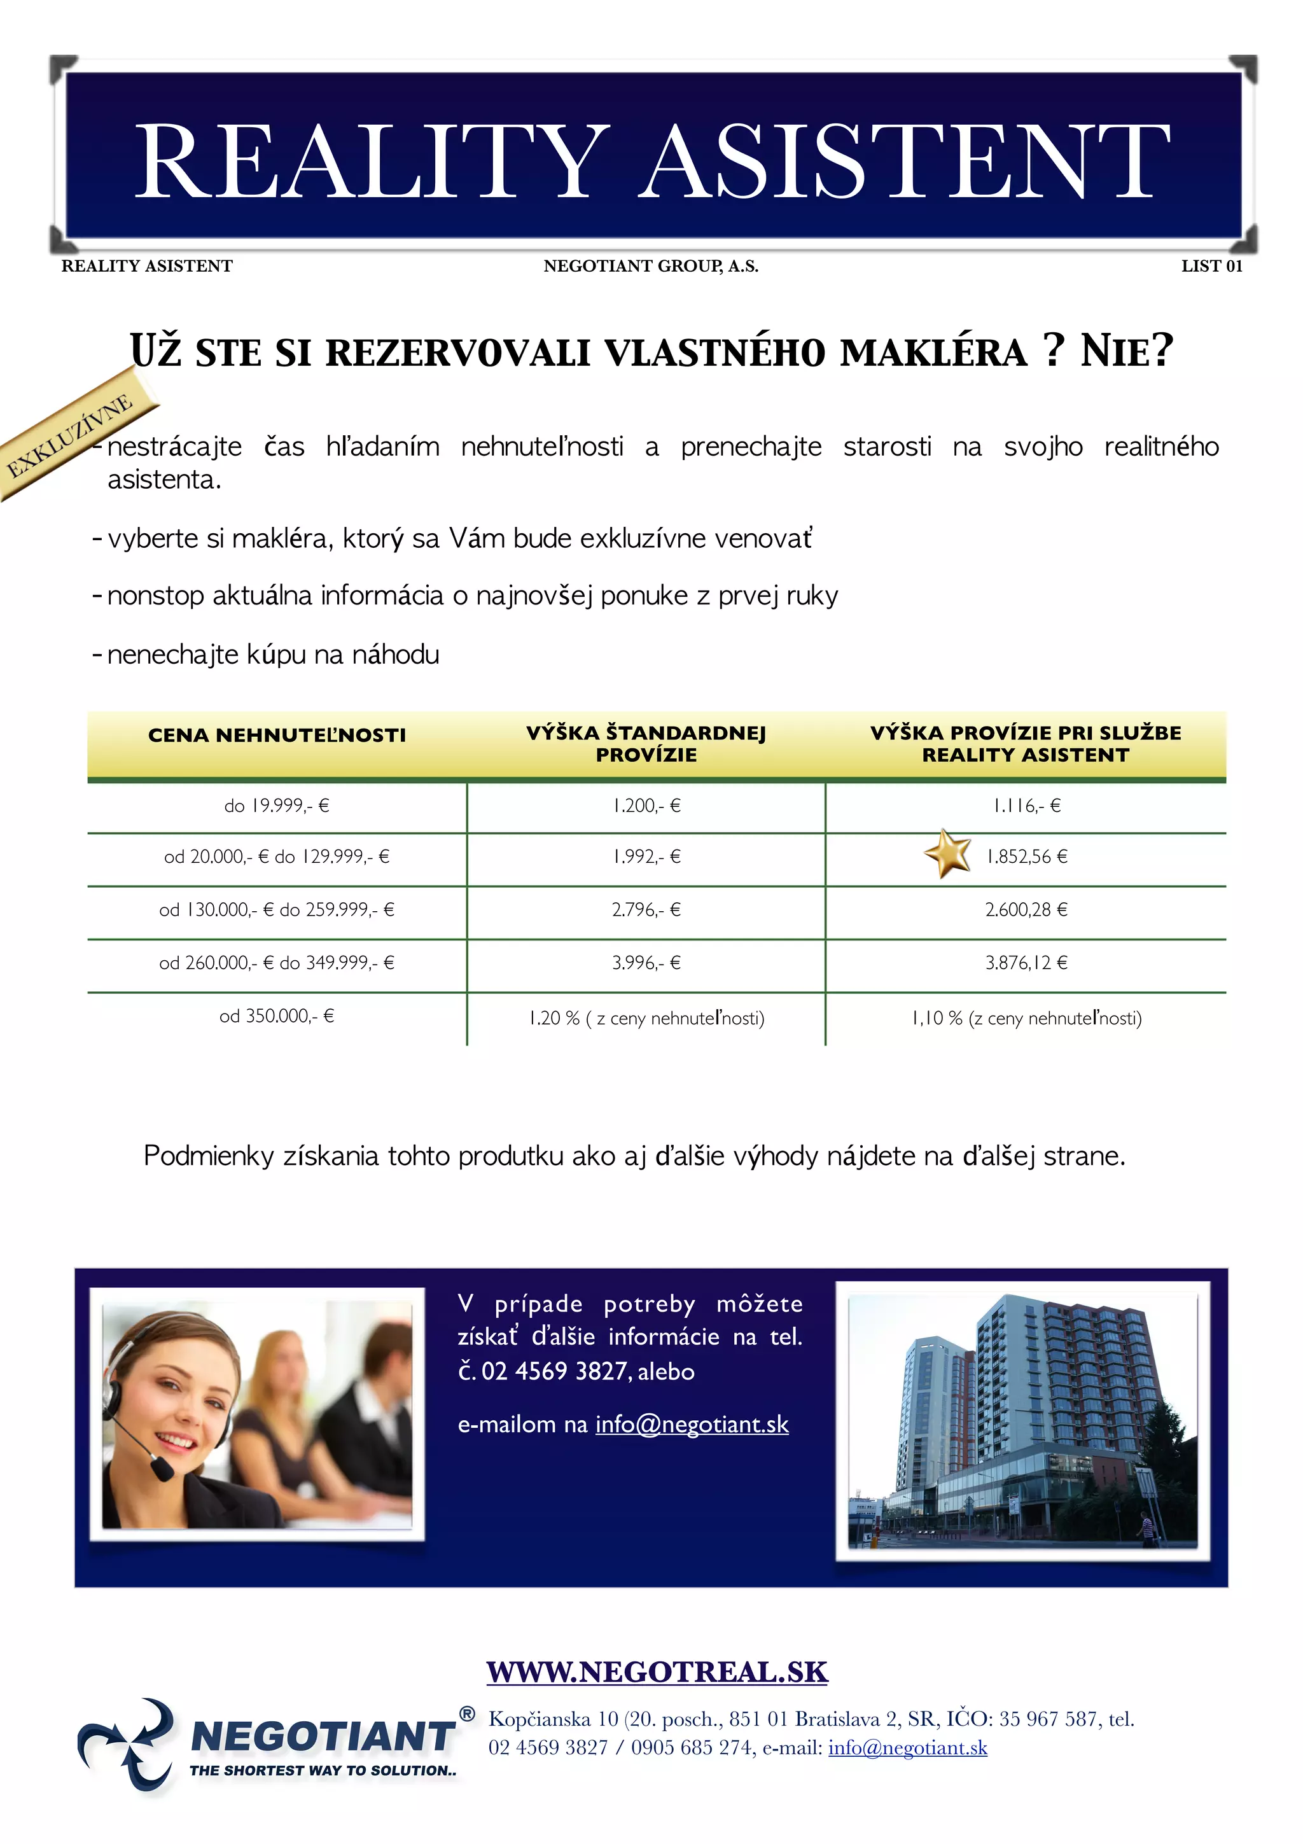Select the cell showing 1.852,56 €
pyautogui.click(x=1027, y=856)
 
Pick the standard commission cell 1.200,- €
pyautogui.click(x=646, y=806)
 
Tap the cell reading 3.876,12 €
pyautogui.click(x=1026, y=962)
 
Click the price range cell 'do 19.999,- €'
pyautogui.click(x=277, y=806)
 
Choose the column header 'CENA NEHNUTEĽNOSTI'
pyautogui.click(x=277, y=735)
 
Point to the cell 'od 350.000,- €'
pyautogui.click(x=277, y=1016)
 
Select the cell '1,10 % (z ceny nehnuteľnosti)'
pyautogui.click(x=1026, y=1018)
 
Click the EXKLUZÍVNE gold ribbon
pyautogui.click(x=73, y=436)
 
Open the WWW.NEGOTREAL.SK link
pyautogui.click(x=657, y=1672)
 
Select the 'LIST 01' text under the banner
pyautogui.click(x=1211, y=266)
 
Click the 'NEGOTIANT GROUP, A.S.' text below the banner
pyautogui.click(x=650, y=266)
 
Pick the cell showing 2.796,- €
pyautogui.click(x=646, y=909)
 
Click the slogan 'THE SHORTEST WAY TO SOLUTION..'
pyautogui.click(x=323, y=1770)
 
